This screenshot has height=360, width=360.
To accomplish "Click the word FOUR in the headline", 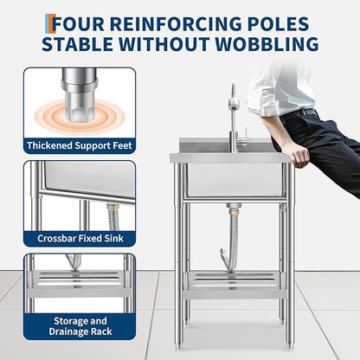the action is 78,23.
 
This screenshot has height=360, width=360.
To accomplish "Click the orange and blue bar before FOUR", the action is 48,23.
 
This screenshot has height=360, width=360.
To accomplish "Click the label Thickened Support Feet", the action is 80,145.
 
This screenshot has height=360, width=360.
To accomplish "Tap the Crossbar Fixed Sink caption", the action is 80,239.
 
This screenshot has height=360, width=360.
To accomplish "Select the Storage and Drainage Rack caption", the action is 80,326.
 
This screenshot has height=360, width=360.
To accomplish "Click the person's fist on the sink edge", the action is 300,157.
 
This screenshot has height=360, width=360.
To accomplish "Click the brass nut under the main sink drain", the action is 233,211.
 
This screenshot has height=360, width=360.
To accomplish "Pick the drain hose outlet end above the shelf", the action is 223,254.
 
